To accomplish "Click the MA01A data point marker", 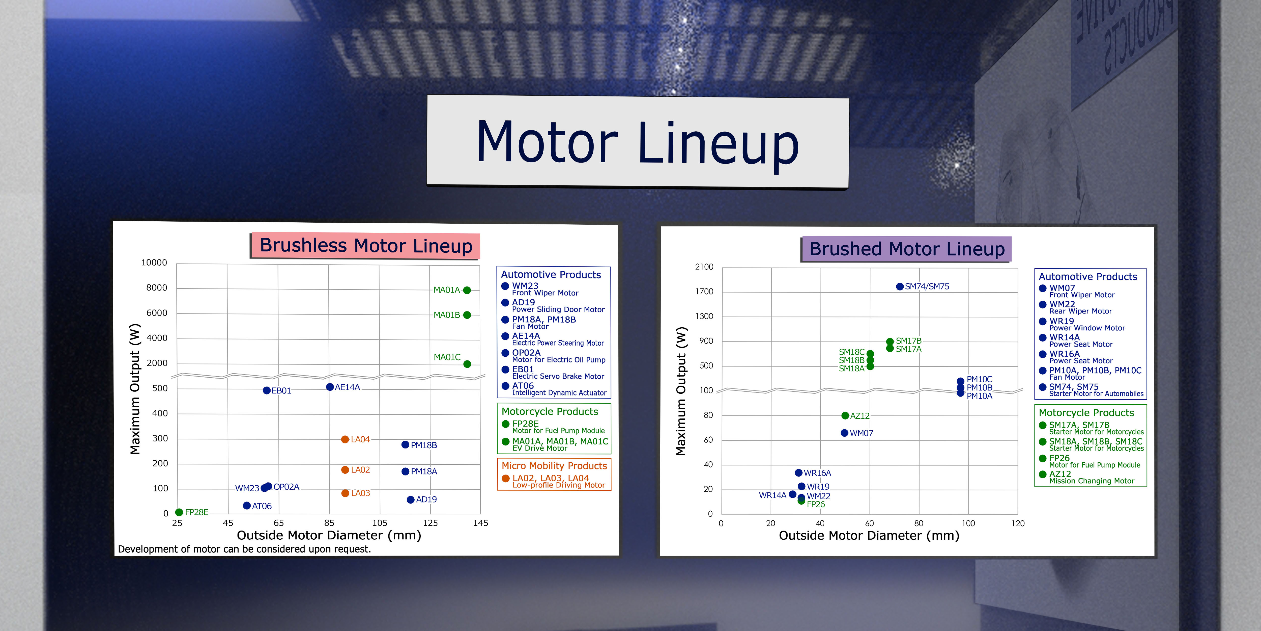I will click(x=467, y=290).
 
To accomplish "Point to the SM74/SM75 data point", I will click(x=900, y=286).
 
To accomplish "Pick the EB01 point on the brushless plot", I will click(x=267, y=390).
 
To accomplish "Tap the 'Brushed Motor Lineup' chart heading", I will click(x=907, y=249).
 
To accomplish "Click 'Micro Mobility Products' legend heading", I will click(x=554, y=466).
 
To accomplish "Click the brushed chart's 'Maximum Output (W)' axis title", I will click(x=681, y=391).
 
